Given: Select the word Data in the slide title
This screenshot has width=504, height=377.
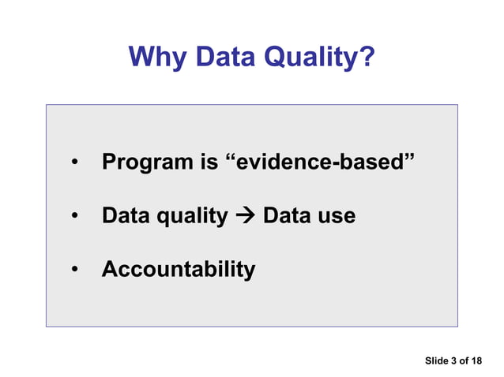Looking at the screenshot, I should [225, 57].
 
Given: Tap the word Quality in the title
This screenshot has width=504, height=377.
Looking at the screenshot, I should [314, 57].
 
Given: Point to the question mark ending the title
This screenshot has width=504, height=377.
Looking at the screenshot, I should [367, 57].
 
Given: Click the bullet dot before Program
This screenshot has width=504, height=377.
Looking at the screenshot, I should [74, 164].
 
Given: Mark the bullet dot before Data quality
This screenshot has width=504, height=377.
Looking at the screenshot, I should [74, 216].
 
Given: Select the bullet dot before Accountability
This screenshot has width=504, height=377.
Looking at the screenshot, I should [74, 270].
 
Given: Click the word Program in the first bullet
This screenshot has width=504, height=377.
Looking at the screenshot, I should [145, 163].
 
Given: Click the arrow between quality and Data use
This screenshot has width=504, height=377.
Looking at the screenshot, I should [245, 216].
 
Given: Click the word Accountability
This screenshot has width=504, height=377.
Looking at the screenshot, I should [179, 270].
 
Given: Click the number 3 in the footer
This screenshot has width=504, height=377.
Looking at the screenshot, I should [453, 361].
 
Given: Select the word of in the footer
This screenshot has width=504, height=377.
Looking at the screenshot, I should [464, 361].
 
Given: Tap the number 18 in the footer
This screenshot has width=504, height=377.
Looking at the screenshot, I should [476, 361].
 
